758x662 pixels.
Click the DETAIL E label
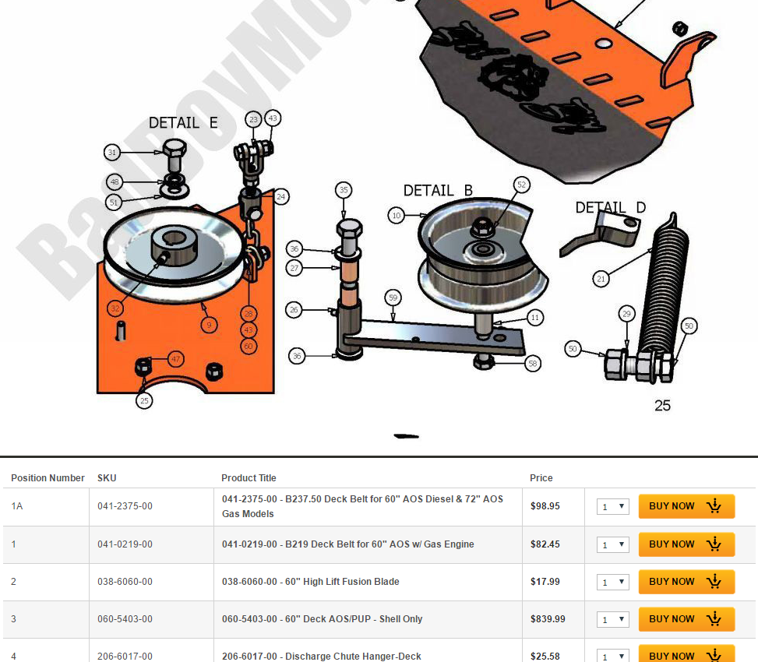pos(183,123)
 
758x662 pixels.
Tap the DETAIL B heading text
pos(438,191)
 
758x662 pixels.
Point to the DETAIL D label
pos(610,208)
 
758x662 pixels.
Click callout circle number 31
pos(113,153)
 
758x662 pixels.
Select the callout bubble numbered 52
pos(522,185)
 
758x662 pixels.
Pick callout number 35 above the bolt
pos(344,189)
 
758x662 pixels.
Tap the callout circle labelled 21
pos(601,277)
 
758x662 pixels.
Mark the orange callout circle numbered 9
pos(209,324)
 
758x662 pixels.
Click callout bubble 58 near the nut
pos(533,363)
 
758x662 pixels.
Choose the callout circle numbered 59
pos(393,297)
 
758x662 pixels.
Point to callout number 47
pos(176,359)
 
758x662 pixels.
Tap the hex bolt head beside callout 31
pos(175,151)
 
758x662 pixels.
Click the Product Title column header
pos(249,478)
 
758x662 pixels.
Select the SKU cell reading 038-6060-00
pos(125,582)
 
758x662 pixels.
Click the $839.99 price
pos(548,619)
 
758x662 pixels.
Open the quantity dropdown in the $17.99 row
pos(613,582)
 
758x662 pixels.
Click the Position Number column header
pos(48,478)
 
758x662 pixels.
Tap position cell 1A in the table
pos(17,506)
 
